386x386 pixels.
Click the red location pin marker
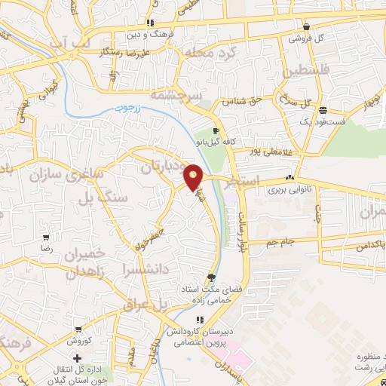click(195, 176)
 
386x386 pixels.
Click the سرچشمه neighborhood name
click(173, 95)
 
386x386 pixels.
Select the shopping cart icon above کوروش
click(77, 329)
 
